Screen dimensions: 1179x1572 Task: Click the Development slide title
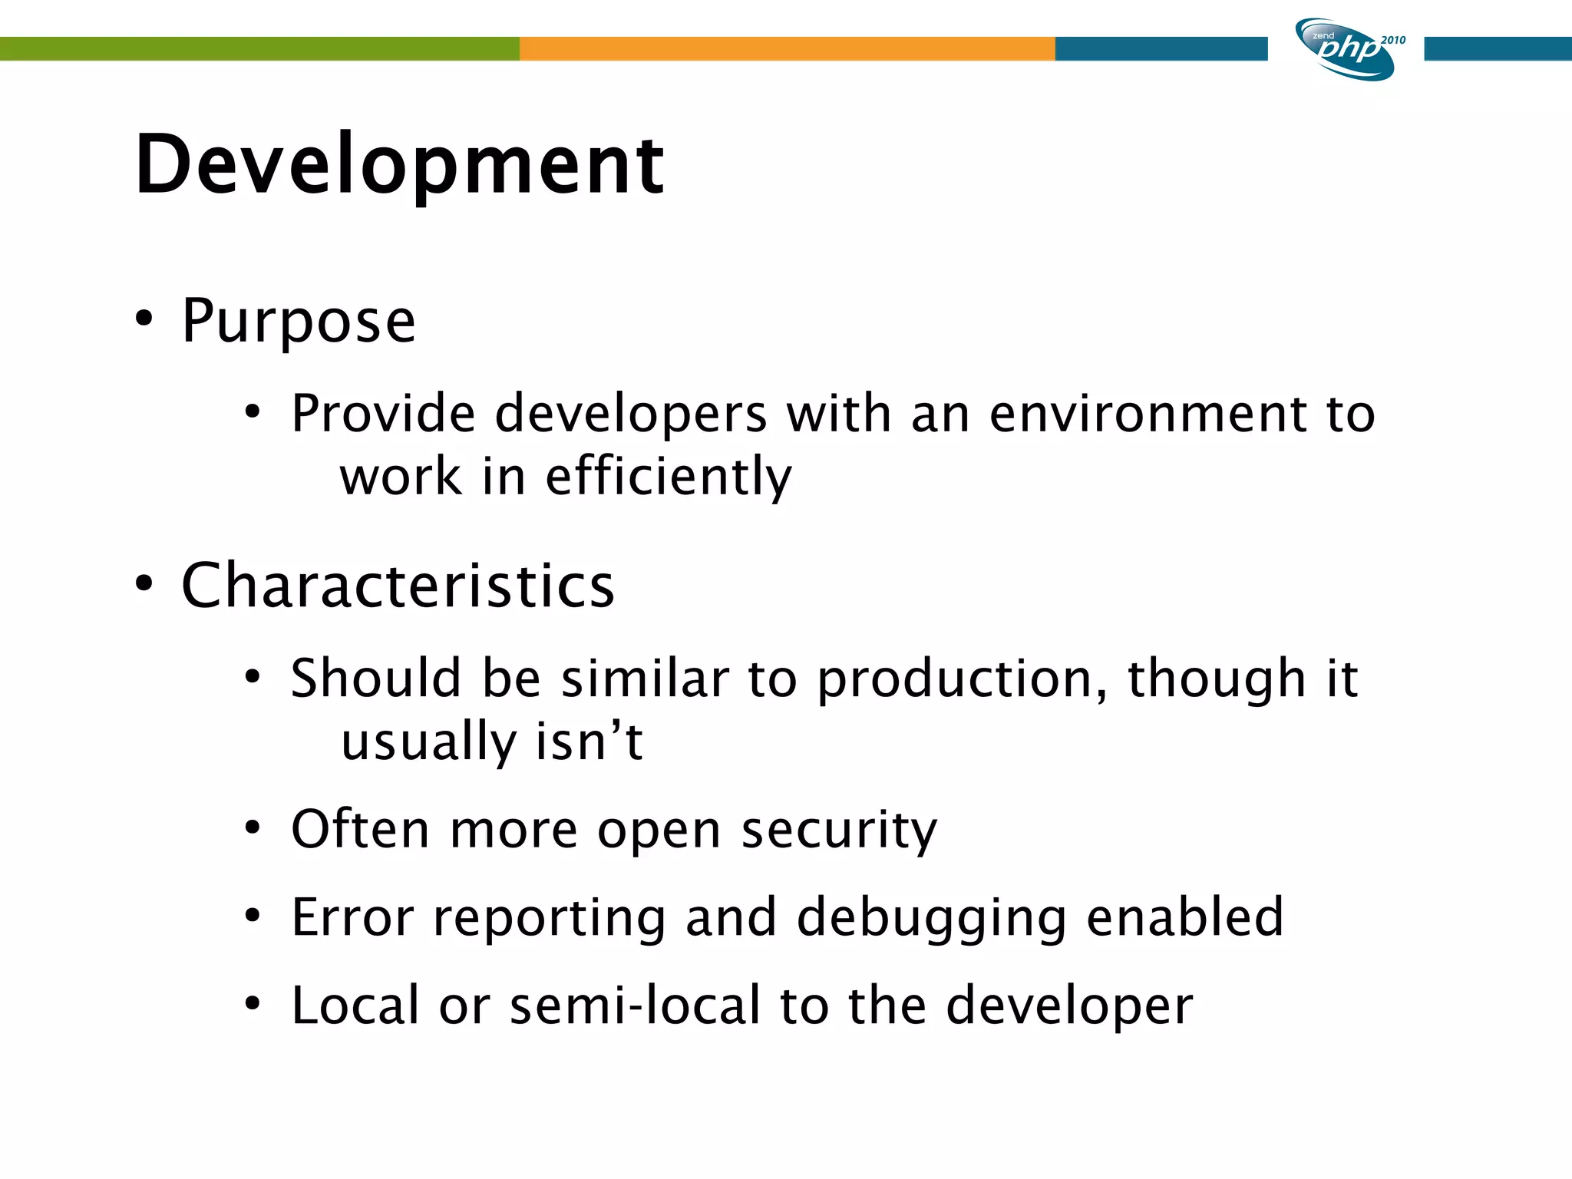(x=399, y=165)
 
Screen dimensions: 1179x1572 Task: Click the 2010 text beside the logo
(x=1393, y=40)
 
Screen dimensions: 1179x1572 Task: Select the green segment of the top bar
(x=259, y=48)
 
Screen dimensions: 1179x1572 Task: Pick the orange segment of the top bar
(x=787, y=48)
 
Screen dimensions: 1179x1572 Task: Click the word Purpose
(x=299, y=321)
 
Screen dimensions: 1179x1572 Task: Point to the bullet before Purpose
(x=144, y=319)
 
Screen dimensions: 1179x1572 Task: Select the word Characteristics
(x=398, y=586)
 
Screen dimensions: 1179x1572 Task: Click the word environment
(x=1148, y=414)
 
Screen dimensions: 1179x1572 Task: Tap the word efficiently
(x=668, y=477)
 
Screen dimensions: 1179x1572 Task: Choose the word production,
(x=962, y=680)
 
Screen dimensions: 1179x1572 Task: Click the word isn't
(x=589, y=742)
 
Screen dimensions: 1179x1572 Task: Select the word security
(x=839, y=831)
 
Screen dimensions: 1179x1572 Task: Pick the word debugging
(x=932, y=919)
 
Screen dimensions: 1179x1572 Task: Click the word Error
(x=353, y=917)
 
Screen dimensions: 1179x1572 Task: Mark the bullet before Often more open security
(x=253, y=829)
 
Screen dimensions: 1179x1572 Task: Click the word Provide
(x=383, y=414)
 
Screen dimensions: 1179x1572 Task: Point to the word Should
(x=376, y=679)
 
